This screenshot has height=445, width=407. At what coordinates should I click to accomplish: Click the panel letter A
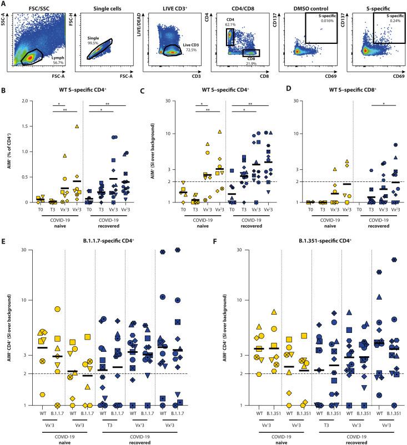click(x=4, y=3)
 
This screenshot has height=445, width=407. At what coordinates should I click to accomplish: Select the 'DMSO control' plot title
click(x=305, y=4)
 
